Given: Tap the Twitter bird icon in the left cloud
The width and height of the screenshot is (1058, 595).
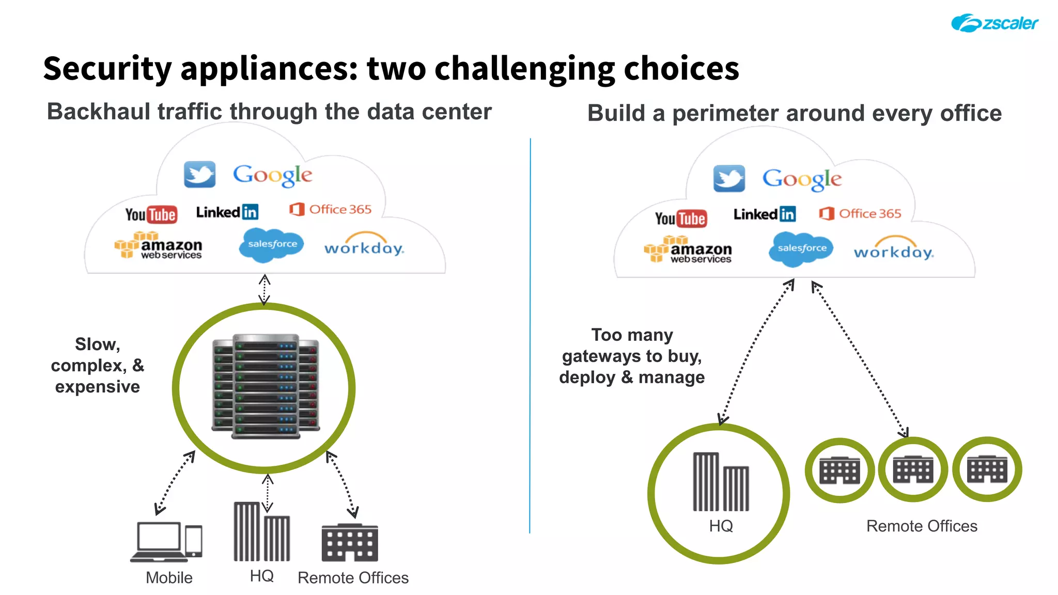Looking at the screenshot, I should (199, 174).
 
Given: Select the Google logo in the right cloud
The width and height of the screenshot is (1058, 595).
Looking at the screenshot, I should (802, 179).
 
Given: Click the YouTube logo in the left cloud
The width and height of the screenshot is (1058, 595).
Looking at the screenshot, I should (151, 214).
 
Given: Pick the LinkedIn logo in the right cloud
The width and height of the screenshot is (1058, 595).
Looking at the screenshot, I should (764, 214).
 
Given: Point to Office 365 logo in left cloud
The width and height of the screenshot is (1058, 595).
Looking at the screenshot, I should (331, 209).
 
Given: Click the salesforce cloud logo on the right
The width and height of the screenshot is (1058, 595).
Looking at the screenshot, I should (801, 248).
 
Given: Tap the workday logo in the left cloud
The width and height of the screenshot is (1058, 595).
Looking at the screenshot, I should (364, 246).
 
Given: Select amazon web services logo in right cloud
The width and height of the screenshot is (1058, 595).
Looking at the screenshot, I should (688, 249).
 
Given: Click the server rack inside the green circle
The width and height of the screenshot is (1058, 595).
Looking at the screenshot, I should (266, 386).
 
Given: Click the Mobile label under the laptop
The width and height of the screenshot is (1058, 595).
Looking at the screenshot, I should (169, 577).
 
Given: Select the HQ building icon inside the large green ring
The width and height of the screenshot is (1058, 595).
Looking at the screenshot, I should (720, 482).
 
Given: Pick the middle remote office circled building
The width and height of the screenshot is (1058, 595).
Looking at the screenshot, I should (913, 469).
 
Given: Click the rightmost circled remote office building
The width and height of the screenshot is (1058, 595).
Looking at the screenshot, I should (987, 469).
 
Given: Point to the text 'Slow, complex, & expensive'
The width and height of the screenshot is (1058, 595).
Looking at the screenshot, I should (97, 365).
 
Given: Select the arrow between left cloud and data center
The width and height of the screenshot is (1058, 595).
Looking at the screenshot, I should (264, 289).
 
